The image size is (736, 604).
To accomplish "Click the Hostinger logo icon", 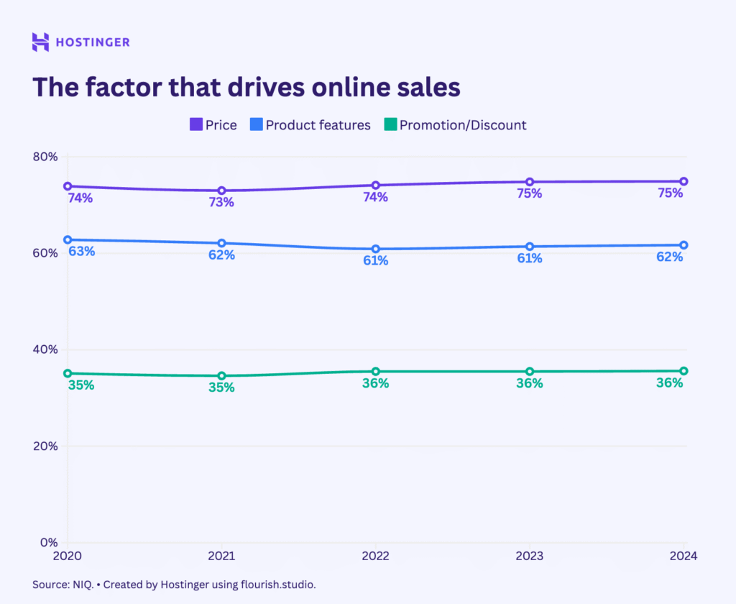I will [41, 42].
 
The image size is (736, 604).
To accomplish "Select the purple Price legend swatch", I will [196, 125].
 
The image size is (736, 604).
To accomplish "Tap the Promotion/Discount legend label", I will [463, 125].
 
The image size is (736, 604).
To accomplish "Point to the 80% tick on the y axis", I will [45, 157].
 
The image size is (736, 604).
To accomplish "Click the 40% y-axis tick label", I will [45, 349].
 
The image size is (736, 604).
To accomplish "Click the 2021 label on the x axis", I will [221, 556].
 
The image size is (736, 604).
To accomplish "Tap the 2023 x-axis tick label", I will [530, 556].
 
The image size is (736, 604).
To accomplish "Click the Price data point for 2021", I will [221, 191].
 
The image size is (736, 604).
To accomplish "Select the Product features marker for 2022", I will [375, 249].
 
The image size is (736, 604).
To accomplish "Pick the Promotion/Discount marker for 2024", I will [684, 371].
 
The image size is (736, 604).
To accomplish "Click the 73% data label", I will [221, 203].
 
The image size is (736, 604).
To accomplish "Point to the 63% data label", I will [81, 252].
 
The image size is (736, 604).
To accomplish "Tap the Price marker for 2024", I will [684, 181].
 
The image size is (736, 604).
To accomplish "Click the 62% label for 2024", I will [669, 257].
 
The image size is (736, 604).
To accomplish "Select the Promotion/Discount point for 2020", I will [68, 373].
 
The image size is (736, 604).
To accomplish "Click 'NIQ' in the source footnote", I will [81, 585].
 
